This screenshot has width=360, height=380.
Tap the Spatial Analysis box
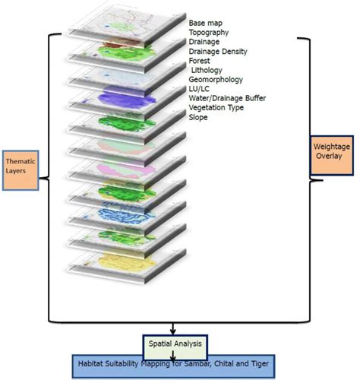click(173, 344)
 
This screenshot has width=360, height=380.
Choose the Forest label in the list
click(201, 61)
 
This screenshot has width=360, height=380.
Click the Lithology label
click(207, 70)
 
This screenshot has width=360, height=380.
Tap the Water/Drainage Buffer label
click(227, 98)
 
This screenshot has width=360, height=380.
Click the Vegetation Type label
click(216, 108)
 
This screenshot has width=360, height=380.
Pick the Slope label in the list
click(199, 117)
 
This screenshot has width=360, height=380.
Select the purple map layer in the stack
click(122, 99)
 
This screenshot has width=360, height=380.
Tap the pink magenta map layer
click(122, 168)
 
